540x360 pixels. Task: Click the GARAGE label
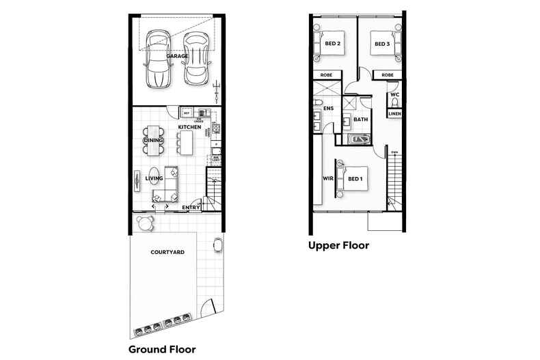tap(178, 57)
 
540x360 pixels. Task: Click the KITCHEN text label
tap(189, 128)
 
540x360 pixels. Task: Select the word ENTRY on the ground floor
tap(191, 207)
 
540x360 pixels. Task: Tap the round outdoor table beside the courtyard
tap(144, 222)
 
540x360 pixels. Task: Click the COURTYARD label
tap(167, 252)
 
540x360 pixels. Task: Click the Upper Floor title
tap(338, 245)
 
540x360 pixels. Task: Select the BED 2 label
tap(333, 44)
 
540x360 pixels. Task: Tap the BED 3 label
tap(381, 44)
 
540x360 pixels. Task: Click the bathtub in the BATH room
tap(357, 140)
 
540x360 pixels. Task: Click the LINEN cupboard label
tap(394, 113)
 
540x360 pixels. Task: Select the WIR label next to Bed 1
tap(327, 179)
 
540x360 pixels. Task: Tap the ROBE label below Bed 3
tap(388, 74)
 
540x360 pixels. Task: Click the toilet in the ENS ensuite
tap(319, 105)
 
